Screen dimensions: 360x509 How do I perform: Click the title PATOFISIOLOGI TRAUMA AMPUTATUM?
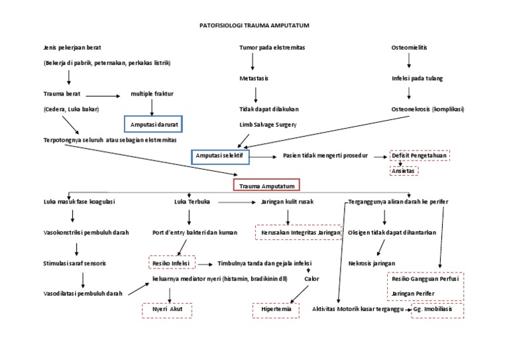[x=254, y=25]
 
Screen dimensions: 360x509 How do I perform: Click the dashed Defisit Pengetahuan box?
[x=419, y=156]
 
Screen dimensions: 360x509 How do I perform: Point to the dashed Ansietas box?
[x=404, y=170]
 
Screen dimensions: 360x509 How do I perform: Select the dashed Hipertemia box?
[x=276, y=310]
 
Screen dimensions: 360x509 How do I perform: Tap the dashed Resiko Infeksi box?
[x=171, y=263]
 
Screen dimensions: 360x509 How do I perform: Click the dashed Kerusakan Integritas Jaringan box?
[x=298, y=233]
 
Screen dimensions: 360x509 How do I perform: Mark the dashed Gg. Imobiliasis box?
[x=437, y=310]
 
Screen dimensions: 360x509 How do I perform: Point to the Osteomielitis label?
[x=409, y=48]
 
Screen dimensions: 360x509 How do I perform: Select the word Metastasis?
[x=254, y=78]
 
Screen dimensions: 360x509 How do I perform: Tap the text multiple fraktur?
[x=152, y=94]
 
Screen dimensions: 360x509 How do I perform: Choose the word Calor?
[x=311, y=279]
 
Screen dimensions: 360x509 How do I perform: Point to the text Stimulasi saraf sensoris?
[x=74, y=263]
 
